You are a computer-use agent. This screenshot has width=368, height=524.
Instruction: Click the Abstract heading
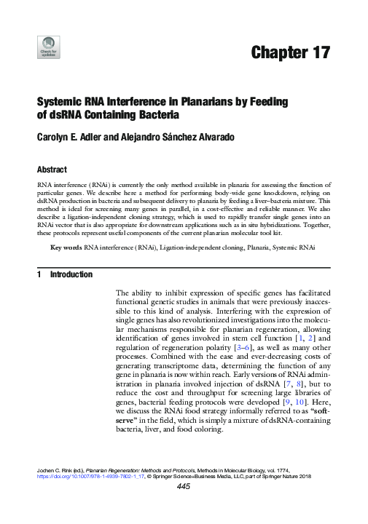(x=52, y=169)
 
